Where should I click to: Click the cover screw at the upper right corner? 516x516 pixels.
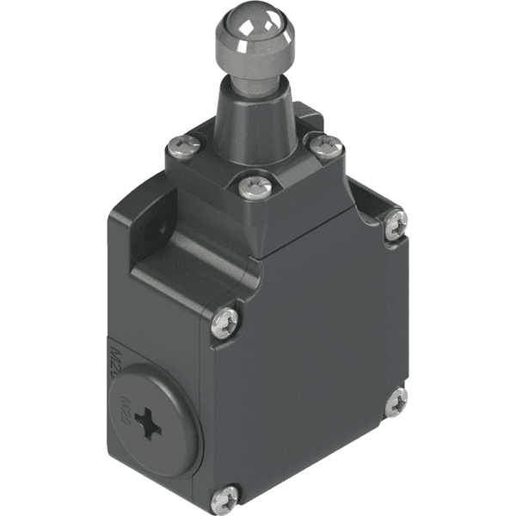[396, 224]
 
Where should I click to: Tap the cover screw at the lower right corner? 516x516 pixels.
[396, 402]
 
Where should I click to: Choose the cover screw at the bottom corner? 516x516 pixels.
[227, 496]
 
